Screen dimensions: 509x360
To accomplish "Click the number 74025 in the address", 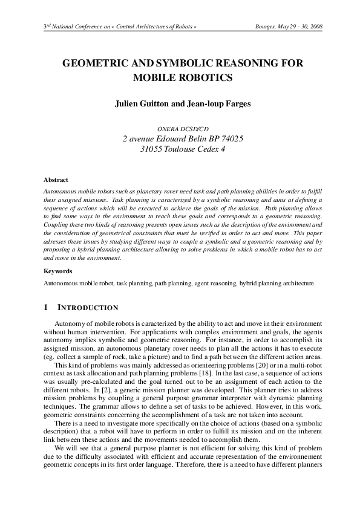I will [x=231, y=139].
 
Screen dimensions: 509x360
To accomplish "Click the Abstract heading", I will [x=56, y=180].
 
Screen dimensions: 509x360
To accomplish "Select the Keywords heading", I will [x=58, y=271].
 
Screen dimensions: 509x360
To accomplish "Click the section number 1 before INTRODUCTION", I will [x=46, y=308].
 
